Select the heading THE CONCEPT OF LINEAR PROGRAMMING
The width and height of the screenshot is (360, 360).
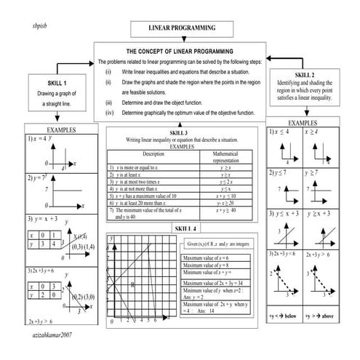pyautogui.click(x=180, y=52)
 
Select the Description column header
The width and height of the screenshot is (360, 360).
pyautogui.click(x=153, y=154)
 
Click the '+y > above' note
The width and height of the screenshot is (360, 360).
pyautogui.click(x=318, y=317)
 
